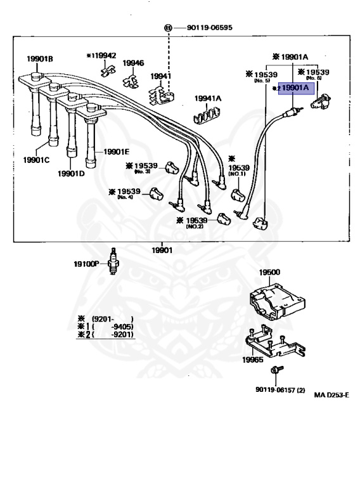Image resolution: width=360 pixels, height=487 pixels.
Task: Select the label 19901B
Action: click(x=39, y=59)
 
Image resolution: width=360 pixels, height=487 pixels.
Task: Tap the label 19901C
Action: click(x=37, y=160)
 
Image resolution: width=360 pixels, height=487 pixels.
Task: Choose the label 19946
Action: click(x=133, y=63)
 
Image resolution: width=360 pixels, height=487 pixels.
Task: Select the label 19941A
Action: click(x=208, y=98)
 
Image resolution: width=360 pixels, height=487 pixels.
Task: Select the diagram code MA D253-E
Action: click(x=331, y=394)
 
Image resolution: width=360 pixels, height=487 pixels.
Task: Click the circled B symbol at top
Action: click(x=169, y=29)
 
